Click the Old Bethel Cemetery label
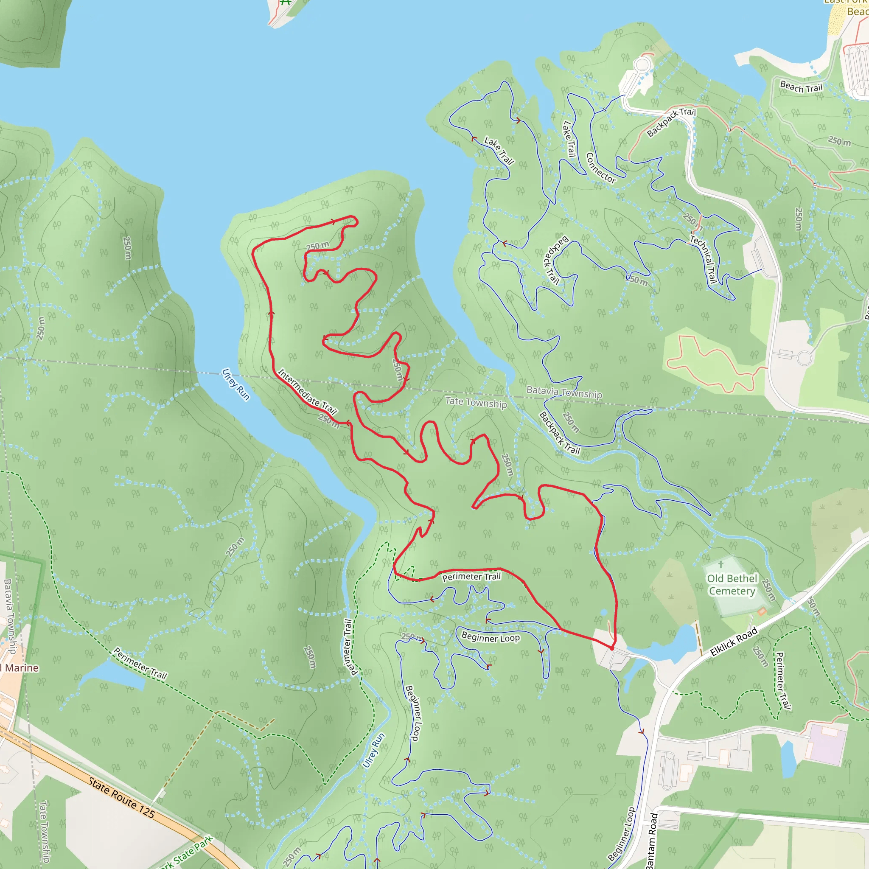(732, 585)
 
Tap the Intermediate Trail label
(307, 391)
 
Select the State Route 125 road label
(121, 797)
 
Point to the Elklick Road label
(734, 642)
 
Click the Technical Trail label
(704, 259)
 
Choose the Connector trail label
(600, 168)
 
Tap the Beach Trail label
(801, 87)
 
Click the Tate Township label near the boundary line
(476, 402)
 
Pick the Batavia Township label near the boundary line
(564, 392)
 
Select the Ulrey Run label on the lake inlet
(235, 384)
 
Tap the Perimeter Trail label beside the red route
(471, 577)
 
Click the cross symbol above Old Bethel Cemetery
(720, 564)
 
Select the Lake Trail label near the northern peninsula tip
(499, 150)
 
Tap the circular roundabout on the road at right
(804, 359)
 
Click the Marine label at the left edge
(20, 668)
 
